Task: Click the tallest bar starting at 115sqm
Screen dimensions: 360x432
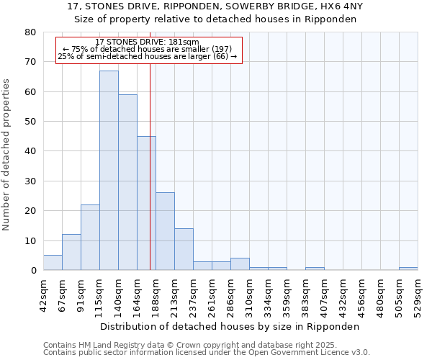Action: point(109,171)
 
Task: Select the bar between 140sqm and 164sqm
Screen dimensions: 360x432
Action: point(127,182)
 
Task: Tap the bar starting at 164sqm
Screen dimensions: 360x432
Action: point(146,203)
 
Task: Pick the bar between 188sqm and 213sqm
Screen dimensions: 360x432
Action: point(165,231)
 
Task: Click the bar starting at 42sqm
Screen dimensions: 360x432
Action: point(53,263)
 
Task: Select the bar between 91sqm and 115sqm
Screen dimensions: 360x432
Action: point(90,238)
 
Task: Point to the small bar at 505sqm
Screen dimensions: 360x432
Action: point(408,269)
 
